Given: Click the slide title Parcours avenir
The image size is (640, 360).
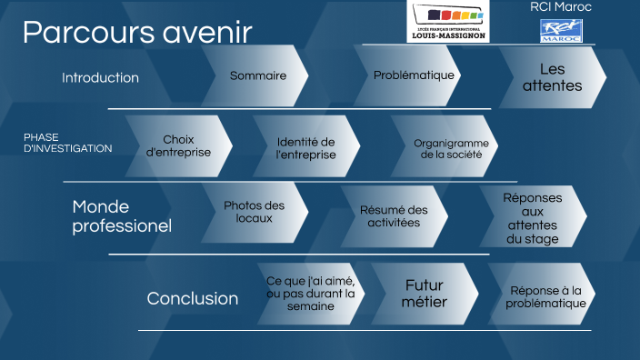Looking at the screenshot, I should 136,33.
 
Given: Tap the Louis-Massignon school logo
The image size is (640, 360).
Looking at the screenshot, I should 447,21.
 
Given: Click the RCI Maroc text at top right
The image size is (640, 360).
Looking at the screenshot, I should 560,7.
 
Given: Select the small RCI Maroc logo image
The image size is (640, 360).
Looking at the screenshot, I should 561,32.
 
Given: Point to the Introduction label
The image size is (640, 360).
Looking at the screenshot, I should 100,78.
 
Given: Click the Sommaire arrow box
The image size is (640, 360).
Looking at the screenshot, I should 257,76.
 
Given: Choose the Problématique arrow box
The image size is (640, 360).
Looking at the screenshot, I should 414,75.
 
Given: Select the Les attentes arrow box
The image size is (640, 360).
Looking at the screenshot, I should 552,77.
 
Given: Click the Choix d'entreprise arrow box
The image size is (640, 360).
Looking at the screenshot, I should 178,146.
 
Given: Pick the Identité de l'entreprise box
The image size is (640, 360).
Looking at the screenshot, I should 305,148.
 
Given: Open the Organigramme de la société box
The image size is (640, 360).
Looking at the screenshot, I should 451,148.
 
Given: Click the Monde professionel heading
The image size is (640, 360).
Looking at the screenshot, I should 122,215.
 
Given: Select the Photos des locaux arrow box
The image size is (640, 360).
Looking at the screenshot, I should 254,213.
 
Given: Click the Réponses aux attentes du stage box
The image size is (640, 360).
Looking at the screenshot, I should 533,218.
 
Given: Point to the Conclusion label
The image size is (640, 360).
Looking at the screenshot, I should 193,298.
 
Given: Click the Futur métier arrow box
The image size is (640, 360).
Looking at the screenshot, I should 425,294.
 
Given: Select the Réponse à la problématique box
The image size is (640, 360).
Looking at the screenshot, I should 545,296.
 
